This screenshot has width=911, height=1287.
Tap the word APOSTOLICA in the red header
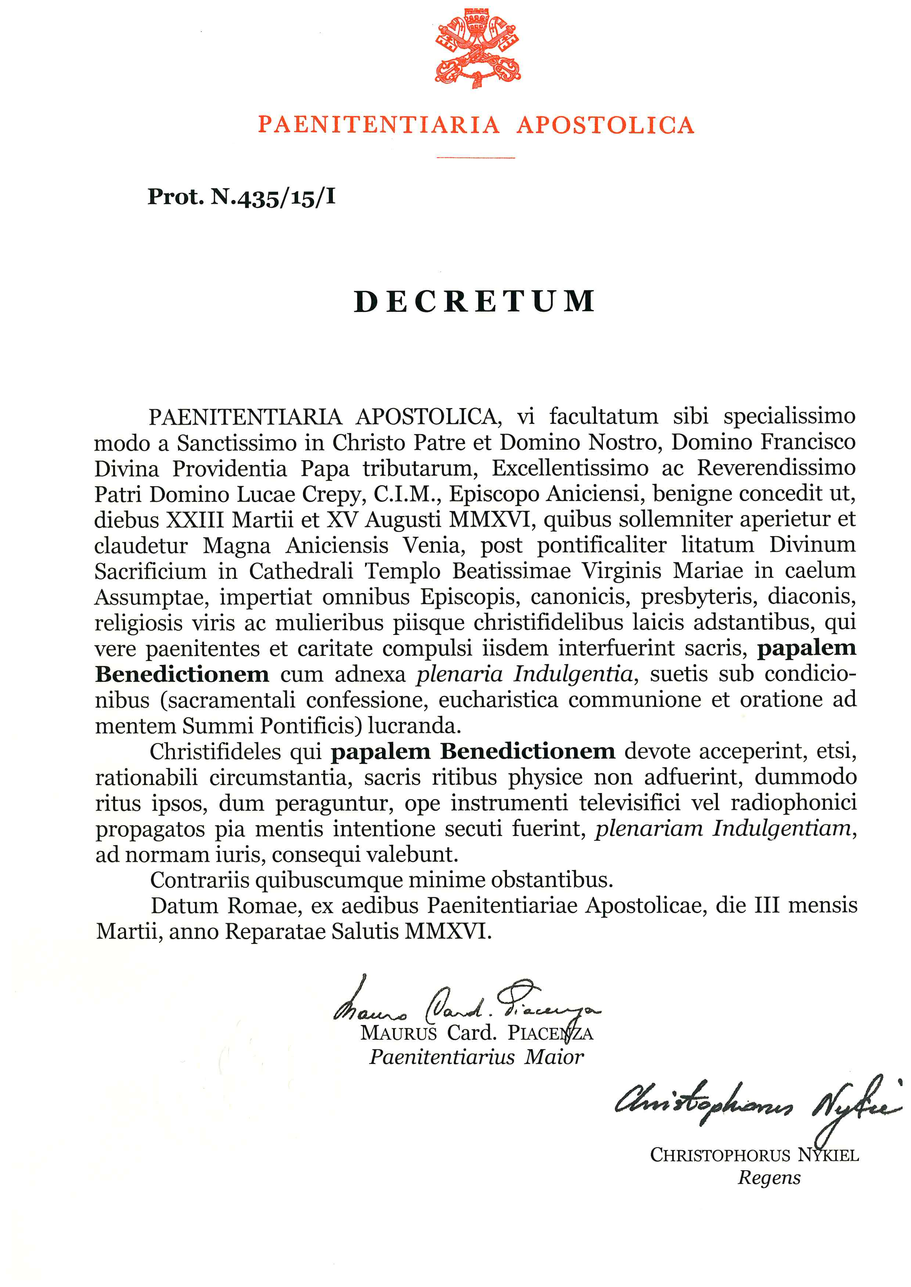coord(605,124)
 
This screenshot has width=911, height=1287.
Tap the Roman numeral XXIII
coord(195,520)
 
